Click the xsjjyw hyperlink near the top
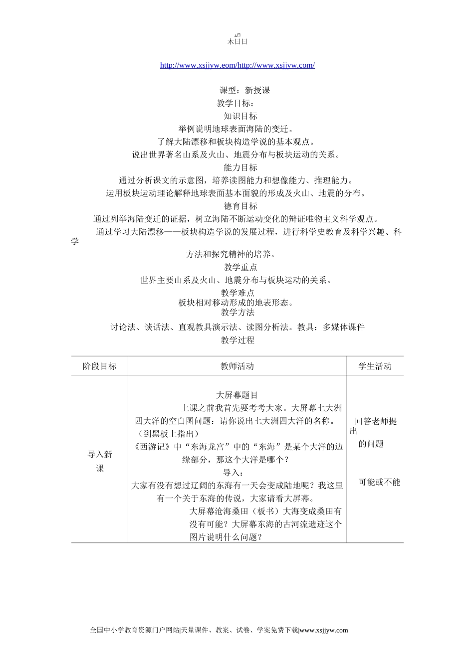pos(237,65)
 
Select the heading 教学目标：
pos(235,103)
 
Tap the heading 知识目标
pos(240,116)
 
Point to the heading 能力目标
pos(240,167)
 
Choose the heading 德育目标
pos(240,206)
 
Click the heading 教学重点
pos(240,267)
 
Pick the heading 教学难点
pos(237,293)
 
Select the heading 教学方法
pos(237,312)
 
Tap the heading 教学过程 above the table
pos(237,340)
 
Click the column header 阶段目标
pos(100,366)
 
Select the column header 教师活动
pos(237,366)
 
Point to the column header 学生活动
pos(375,366)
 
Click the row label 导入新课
pos(100,461)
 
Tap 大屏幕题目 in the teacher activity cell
pos(237,395)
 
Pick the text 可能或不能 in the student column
pos(379,482)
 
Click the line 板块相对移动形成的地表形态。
pos(236,303)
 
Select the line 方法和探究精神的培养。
pos(231,254)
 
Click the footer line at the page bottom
pos(219,630)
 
